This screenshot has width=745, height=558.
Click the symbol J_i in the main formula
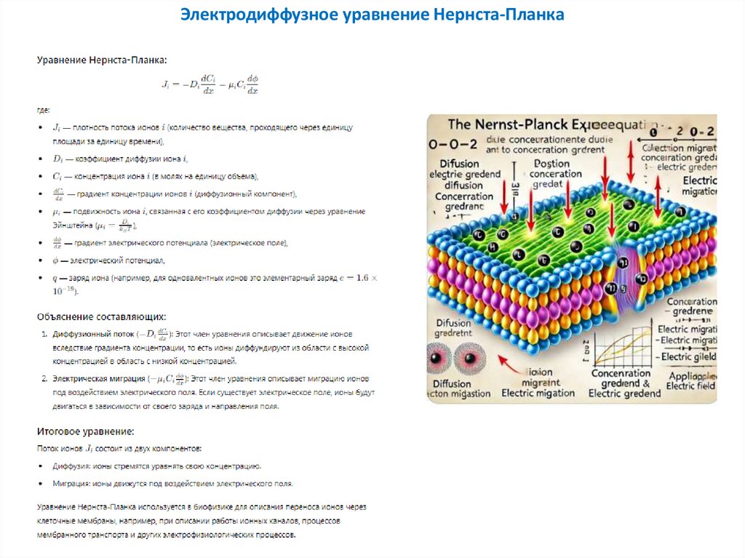click(x=165, y=84)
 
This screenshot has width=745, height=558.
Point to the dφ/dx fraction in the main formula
click(x=252, y=84)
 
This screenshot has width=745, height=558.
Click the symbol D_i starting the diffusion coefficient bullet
click(x=58, y=159)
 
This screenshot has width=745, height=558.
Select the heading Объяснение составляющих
click(x=102, y=316)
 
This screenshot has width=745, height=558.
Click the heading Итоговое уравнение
click(x=85, y=431)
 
